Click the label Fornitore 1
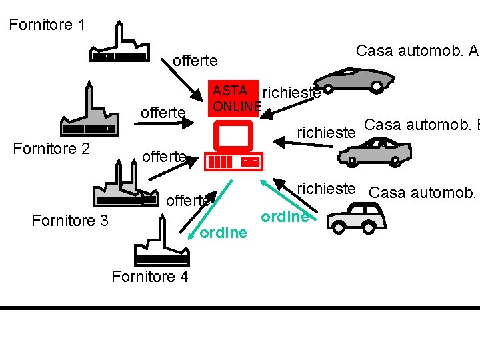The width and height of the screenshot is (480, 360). [47, 25]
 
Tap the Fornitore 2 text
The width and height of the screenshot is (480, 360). [51, 149]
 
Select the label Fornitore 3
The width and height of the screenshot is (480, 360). [70, 221]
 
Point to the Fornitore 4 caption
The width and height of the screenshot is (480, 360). [150, 276]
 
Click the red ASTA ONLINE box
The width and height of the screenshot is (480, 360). [233, 98]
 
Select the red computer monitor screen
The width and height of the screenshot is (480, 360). [232, 136]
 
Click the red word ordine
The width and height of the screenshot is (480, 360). [223, 233]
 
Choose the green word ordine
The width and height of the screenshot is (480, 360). [285, 217]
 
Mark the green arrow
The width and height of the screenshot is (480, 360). [283, 196]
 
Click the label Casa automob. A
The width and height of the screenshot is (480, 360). [417, 51]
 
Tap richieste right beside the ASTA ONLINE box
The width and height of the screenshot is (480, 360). [291, 93]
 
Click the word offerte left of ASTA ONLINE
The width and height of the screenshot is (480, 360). [163, 113]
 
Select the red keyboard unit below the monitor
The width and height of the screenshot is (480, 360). [233, 161]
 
